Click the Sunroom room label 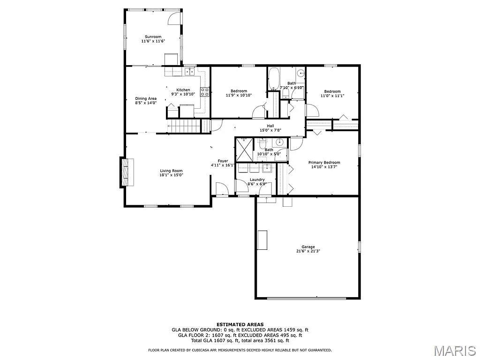tap(153, 37)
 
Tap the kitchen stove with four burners tap(205, 92)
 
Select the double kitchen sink tap(189, 71)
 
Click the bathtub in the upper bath tap(274, 78)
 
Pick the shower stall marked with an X tap(244, 149)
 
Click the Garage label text tap(308, 247)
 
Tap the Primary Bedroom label tap(324, 163)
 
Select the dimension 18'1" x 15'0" tap(171, 175)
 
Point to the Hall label tap(270, 126)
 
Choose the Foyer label tap(223, 161)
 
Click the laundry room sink tap(266, 168)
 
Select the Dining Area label tap(146, 98)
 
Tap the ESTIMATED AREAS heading tap(240, 324)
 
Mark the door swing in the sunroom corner tap(174, 18)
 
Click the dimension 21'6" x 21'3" tap(308, 251)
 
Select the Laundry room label tap(257, 180)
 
